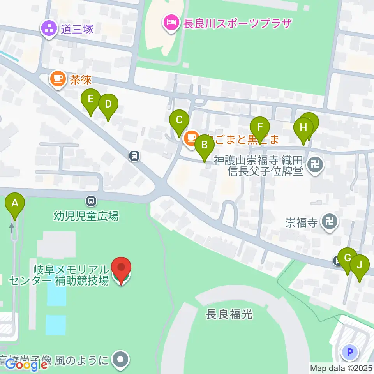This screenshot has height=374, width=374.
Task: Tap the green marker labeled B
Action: click(204, 146)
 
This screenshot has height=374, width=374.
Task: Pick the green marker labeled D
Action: click(108, 105)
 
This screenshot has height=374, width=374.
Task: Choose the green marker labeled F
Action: click(260, 127)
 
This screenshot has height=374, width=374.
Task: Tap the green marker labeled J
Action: click(359, 265)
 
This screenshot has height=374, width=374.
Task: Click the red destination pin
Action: click(121, 268)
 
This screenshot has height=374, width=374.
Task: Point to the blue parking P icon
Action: click(349, 353)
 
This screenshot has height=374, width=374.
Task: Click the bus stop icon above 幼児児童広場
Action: click(91, 201)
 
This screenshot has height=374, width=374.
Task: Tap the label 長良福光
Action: click(229, 314)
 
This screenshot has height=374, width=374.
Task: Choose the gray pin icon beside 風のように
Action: click(120, 359)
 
